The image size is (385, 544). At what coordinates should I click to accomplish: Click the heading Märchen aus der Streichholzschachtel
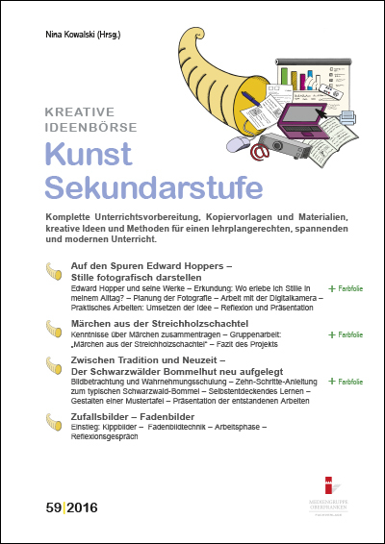(150, 327)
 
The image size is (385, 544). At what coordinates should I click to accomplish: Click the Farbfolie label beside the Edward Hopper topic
(347, 287)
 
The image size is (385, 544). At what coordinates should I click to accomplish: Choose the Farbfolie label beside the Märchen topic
(347, 335)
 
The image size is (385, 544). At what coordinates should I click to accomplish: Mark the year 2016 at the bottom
(83, 506)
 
